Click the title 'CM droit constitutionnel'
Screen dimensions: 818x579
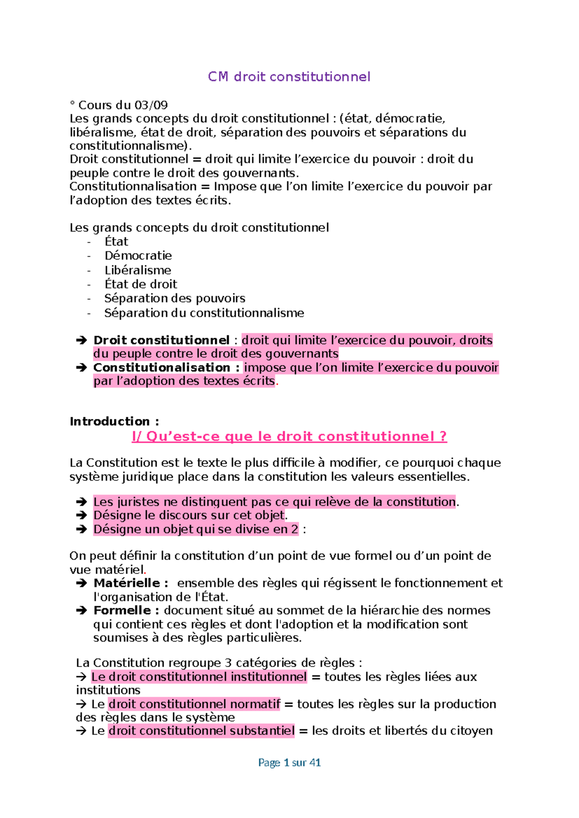coord(289,77)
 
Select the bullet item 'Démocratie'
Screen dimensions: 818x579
coord(138,256)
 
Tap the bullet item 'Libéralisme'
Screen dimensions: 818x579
coord(138,270)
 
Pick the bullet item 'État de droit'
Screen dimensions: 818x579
coord(140,284)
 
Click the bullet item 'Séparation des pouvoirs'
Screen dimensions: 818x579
coord(175,298)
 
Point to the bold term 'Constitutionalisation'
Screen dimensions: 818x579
coord(162,368)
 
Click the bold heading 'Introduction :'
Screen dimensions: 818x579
coord(114,422)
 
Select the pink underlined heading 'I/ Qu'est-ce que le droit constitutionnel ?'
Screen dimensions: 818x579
coord(289,436)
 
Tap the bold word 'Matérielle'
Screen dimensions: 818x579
coord(127,583)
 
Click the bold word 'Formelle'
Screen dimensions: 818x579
coord(123,611)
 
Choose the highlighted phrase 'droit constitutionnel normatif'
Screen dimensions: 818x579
coord(194,704)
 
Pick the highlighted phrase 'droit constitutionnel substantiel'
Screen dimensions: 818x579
coord(201,731)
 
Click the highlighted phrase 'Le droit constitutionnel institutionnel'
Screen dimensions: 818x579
coord(199,677)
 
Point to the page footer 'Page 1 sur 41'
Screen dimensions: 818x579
coord(289,763)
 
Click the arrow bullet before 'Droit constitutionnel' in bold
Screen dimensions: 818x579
coord(81,341)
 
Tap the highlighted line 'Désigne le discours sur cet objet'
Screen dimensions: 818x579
coord(190,515)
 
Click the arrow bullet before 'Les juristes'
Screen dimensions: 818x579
coord(81,502)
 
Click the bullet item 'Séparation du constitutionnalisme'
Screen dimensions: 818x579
coord(204,313)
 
